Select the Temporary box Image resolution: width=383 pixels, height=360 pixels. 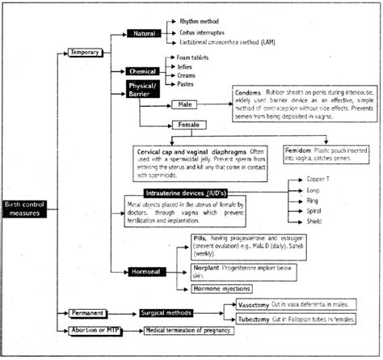click(85, 53)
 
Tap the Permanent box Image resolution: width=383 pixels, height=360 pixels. click(86, 311)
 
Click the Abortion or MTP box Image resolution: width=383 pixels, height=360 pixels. click(93, 330)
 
